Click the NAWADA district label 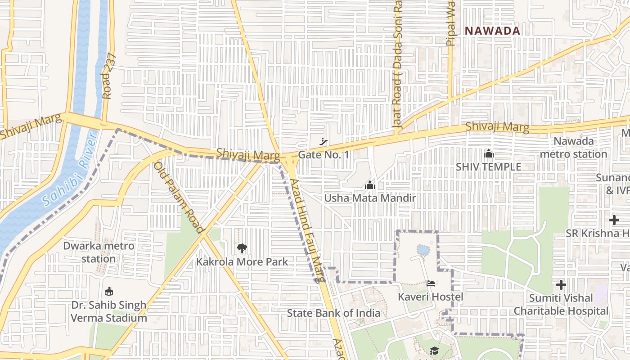[x=492, y=31]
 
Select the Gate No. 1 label [x=324, y=155]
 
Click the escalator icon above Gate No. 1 [x=323, y=142]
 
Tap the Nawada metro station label [x=573, y=148]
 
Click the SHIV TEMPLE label [x=488, y=166]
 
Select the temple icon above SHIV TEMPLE [x=488, y=154]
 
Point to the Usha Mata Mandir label [x=370, y=198]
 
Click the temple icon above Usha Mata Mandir [x=370, y=185]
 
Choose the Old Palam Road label [x=179, y=198]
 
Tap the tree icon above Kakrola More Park [x=242, y=248]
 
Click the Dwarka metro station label [x=99, y=252]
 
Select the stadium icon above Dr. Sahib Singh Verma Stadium [x=108, y=292]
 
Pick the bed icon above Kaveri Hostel [x=431, y=283]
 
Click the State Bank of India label [x=333, y=313]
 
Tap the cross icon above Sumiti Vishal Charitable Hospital [x=561, y=285]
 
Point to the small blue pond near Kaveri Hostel [x=423, y=250]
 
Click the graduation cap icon [x=434, y=351]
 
